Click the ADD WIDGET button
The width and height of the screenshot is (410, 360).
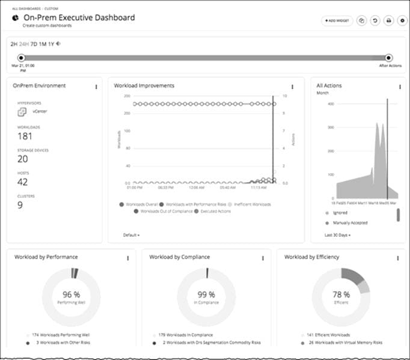[x=336, y=20]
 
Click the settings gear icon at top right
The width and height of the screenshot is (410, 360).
[x=402, y=20]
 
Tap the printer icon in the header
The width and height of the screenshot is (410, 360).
[x=389, y=20]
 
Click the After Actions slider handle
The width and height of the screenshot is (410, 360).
[x=389, y=58]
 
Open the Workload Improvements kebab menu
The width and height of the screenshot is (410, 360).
[x=292, y=87]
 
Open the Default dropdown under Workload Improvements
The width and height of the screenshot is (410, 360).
[x=131, y=234]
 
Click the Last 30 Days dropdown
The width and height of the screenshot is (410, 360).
[x=337, y=234]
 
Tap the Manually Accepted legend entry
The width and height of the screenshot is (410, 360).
[x=349, y=222]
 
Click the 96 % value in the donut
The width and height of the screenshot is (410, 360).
[x=72, y=294]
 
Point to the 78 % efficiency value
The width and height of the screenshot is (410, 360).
[x=341, y=294]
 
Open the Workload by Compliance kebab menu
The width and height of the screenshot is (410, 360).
[x=263, y=258]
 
